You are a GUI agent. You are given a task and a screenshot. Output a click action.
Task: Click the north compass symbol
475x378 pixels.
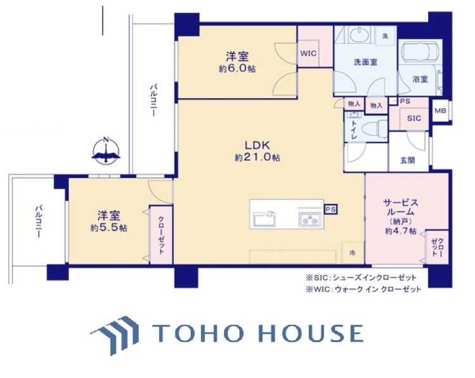click(106, 151)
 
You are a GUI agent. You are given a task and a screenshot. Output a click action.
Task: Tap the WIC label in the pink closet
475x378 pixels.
click(308, 53)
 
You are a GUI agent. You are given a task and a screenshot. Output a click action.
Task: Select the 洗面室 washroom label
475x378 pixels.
click(365, 62)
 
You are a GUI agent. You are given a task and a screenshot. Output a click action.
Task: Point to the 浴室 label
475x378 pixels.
click(420, 80)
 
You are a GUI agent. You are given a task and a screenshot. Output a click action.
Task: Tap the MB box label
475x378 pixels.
click(440, 111)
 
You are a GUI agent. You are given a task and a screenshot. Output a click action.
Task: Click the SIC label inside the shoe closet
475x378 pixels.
click(414, 118)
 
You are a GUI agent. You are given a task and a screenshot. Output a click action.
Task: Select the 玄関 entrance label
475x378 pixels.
click(407, 160)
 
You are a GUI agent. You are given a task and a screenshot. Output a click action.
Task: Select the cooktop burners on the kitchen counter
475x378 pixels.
click(310, 220)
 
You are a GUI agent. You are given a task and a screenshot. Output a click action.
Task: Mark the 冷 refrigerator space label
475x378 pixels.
click(351, 252)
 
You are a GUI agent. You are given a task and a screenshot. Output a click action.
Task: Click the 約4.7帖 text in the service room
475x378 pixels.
click(400, 232)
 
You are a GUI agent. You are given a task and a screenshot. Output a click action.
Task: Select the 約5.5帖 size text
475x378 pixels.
click(108, 227)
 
